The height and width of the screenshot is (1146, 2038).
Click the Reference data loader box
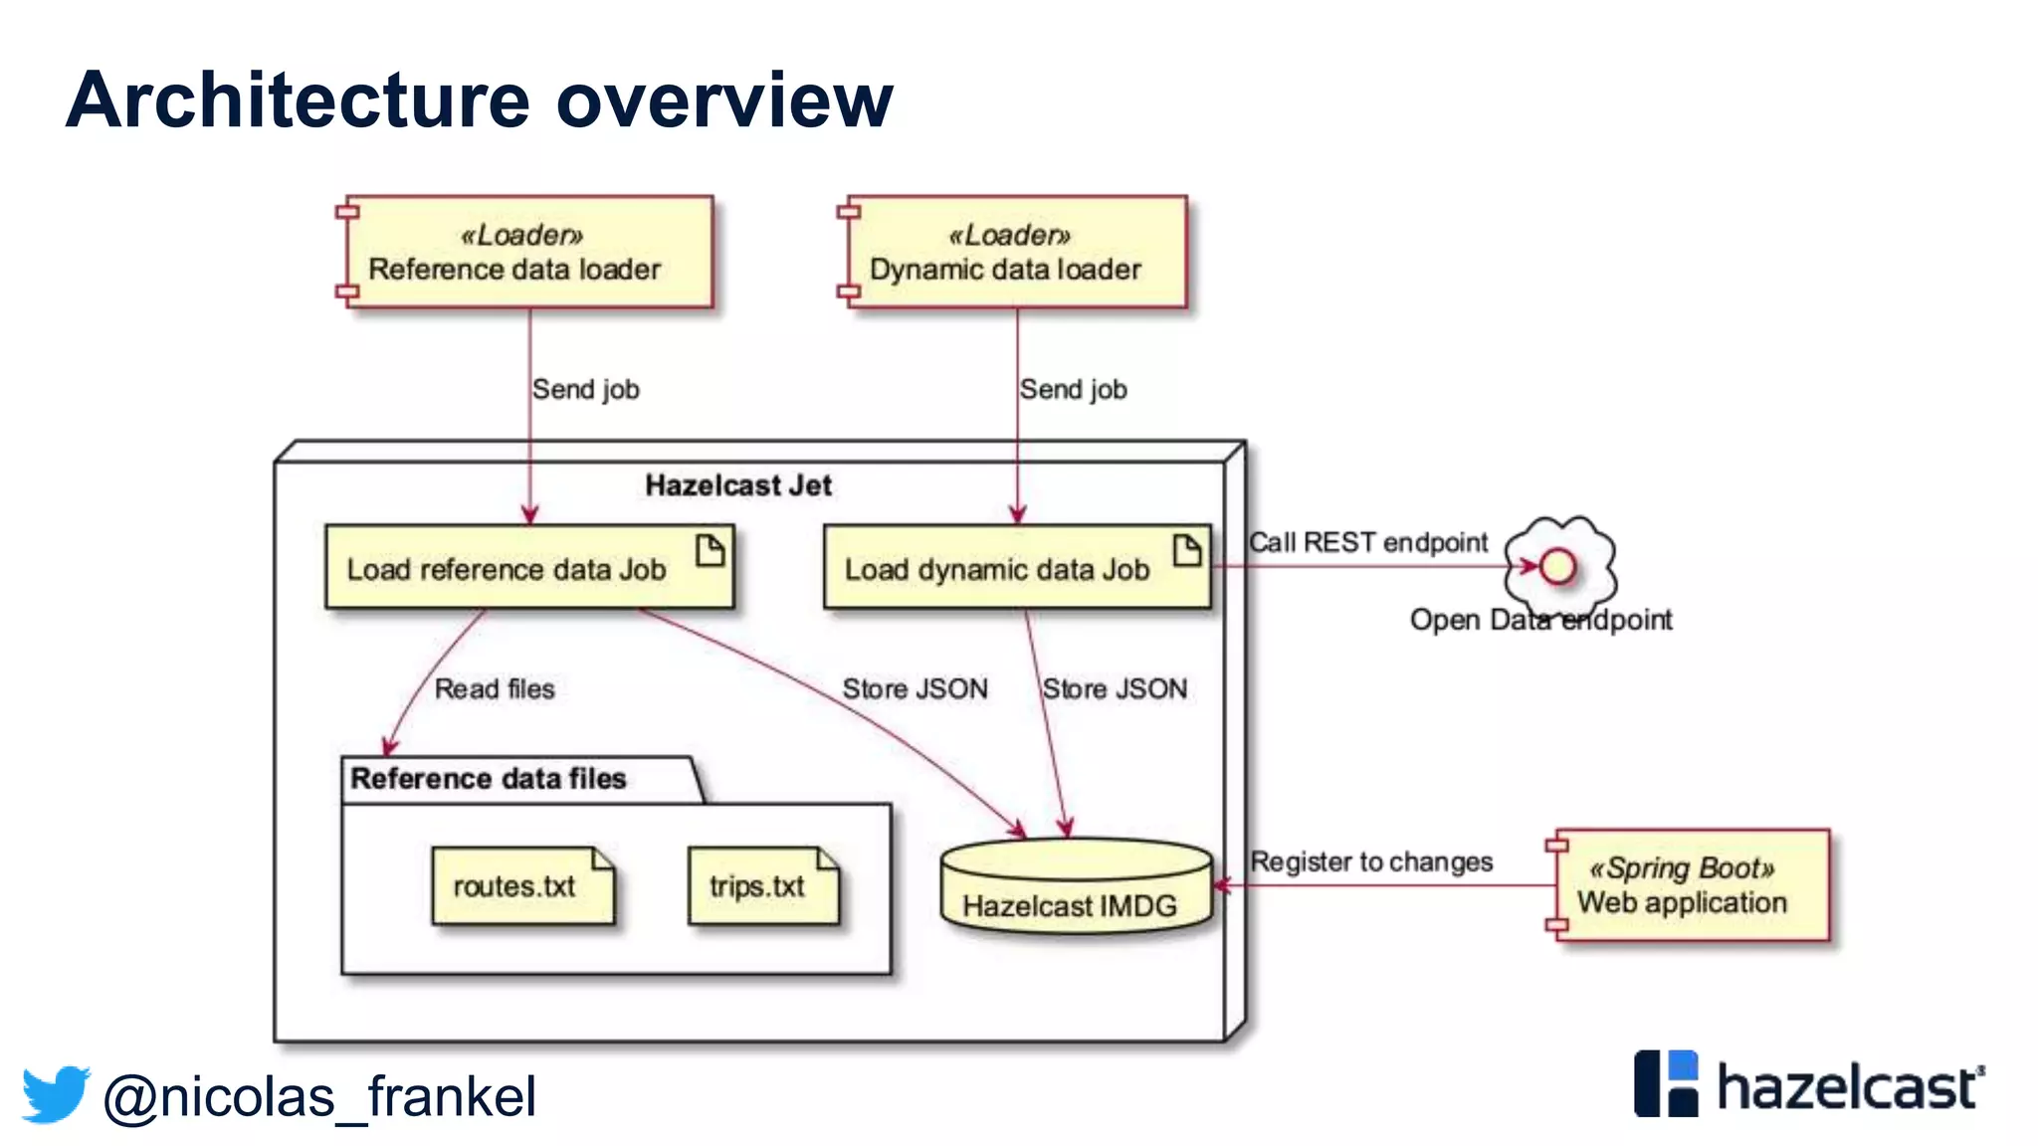527,253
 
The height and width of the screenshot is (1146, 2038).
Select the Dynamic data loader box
1015,253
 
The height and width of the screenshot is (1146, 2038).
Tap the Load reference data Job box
528,567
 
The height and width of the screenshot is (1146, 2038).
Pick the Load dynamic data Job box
1016,567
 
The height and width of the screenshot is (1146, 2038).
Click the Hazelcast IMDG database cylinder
1075,888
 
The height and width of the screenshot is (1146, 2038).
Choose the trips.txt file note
762,885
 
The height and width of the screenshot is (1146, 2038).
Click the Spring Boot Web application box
1690,885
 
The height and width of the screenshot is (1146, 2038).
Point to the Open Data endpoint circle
1557,567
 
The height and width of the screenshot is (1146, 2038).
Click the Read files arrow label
495,688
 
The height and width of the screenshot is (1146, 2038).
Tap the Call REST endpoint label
1367,542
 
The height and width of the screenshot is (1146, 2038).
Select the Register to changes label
1370,861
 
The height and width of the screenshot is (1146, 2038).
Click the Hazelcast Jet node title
737,485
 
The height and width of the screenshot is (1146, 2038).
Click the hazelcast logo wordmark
1847,1086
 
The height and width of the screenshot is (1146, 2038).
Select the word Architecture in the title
298,100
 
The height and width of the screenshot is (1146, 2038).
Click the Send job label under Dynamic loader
1073,390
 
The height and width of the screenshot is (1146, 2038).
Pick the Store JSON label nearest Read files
915,688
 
